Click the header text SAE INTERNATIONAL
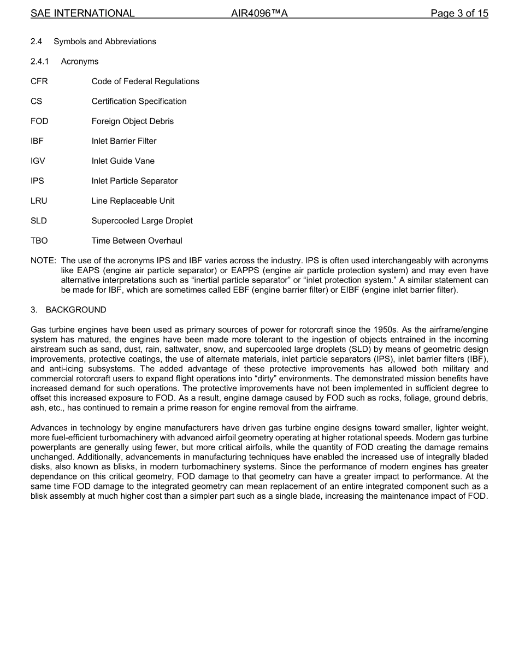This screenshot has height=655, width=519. click(82, 13)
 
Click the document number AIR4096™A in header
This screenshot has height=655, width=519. click(259, 13)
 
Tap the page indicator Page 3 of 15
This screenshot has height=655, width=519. click(459, 13)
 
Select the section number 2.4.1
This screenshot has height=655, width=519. click(41, 62)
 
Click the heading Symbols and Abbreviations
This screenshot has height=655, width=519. click(105, 42)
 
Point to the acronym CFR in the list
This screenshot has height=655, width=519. click(39, 81)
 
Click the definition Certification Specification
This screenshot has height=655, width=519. click(139, 102)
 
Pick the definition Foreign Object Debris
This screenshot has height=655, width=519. click(132, 121)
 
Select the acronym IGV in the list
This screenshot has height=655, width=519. click(39, 161)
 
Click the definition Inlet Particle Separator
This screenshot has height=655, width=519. click(134, 181)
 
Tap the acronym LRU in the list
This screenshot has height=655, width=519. click(39, 201)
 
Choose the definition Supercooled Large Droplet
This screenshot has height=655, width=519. click(142, 221)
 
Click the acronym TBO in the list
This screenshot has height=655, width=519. click(39, 241)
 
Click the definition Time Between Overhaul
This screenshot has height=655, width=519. click(137, 241)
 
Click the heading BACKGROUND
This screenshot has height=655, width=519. click(76, 310)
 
